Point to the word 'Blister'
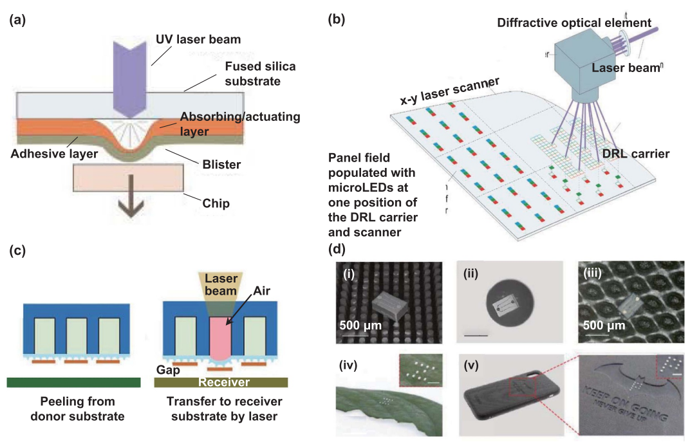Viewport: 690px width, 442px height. (x=220, y=165)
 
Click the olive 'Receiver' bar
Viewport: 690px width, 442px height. (x=221, y=382)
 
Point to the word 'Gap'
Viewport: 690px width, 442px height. (x=168, y=370)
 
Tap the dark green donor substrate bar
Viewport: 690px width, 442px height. (x=73, y=382)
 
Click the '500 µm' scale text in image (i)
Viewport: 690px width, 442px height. (x=360, y=323)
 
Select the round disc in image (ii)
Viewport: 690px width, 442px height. (x=505, y=302)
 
